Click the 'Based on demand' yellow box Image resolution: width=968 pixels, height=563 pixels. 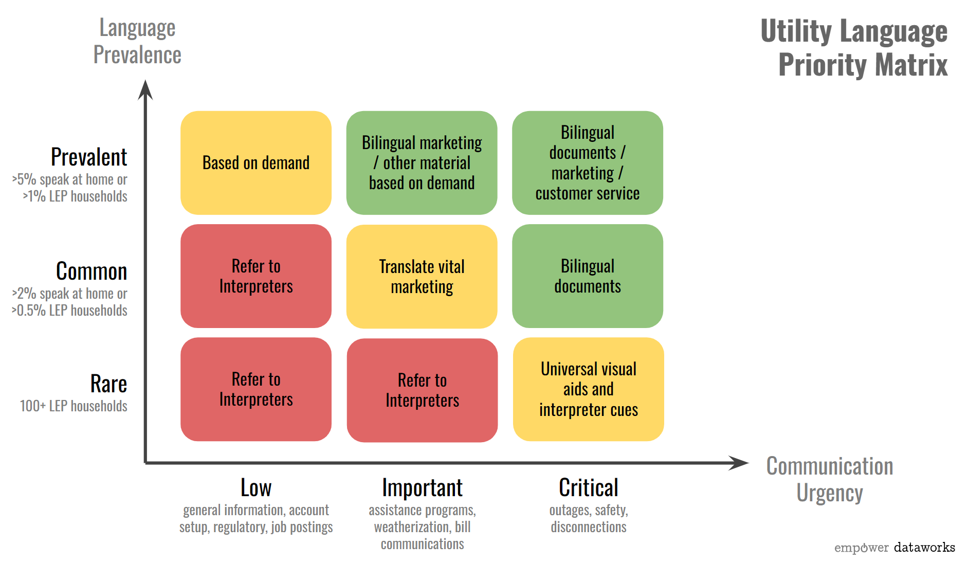tap(255, 163)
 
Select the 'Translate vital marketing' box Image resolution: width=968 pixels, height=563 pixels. tap(422, 277)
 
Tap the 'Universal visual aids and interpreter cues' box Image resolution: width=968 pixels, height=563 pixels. tap(588, 389)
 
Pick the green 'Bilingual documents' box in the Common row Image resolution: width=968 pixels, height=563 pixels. tap(587, 276)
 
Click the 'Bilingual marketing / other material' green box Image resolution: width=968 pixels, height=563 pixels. tap(422, 163)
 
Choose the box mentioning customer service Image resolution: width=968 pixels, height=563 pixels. tap(587, 163)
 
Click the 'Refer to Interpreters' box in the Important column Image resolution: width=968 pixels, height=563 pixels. tap(422, 390)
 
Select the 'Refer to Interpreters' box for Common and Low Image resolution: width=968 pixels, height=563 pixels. tap(255, 276)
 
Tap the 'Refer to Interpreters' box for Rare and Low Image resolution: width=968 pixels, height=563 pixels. tap(255, 389)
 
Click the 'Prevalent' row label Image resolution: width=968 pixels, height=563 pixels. tap(89, 157)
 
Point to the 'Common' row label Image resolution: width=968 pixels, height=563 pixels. tap(92, 271)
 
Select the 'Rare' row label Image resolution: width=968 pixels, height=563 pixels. tap(108, 384)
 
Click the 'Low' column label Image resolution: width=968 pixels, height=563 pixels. tap(256, 488)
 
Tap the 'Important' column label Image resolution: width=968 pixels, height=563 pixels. tap(422, 488)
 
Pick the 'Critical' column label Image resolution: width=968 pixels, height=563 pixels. tap(588, 488)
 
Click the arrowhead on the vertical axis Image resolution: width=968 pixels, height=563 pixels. tap(145, 89)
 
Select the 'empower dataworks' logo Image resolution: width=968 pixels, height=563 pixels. tap(894, 548)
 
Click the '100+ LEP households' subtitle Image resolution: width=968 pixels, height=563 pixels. tap(74, 406)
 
